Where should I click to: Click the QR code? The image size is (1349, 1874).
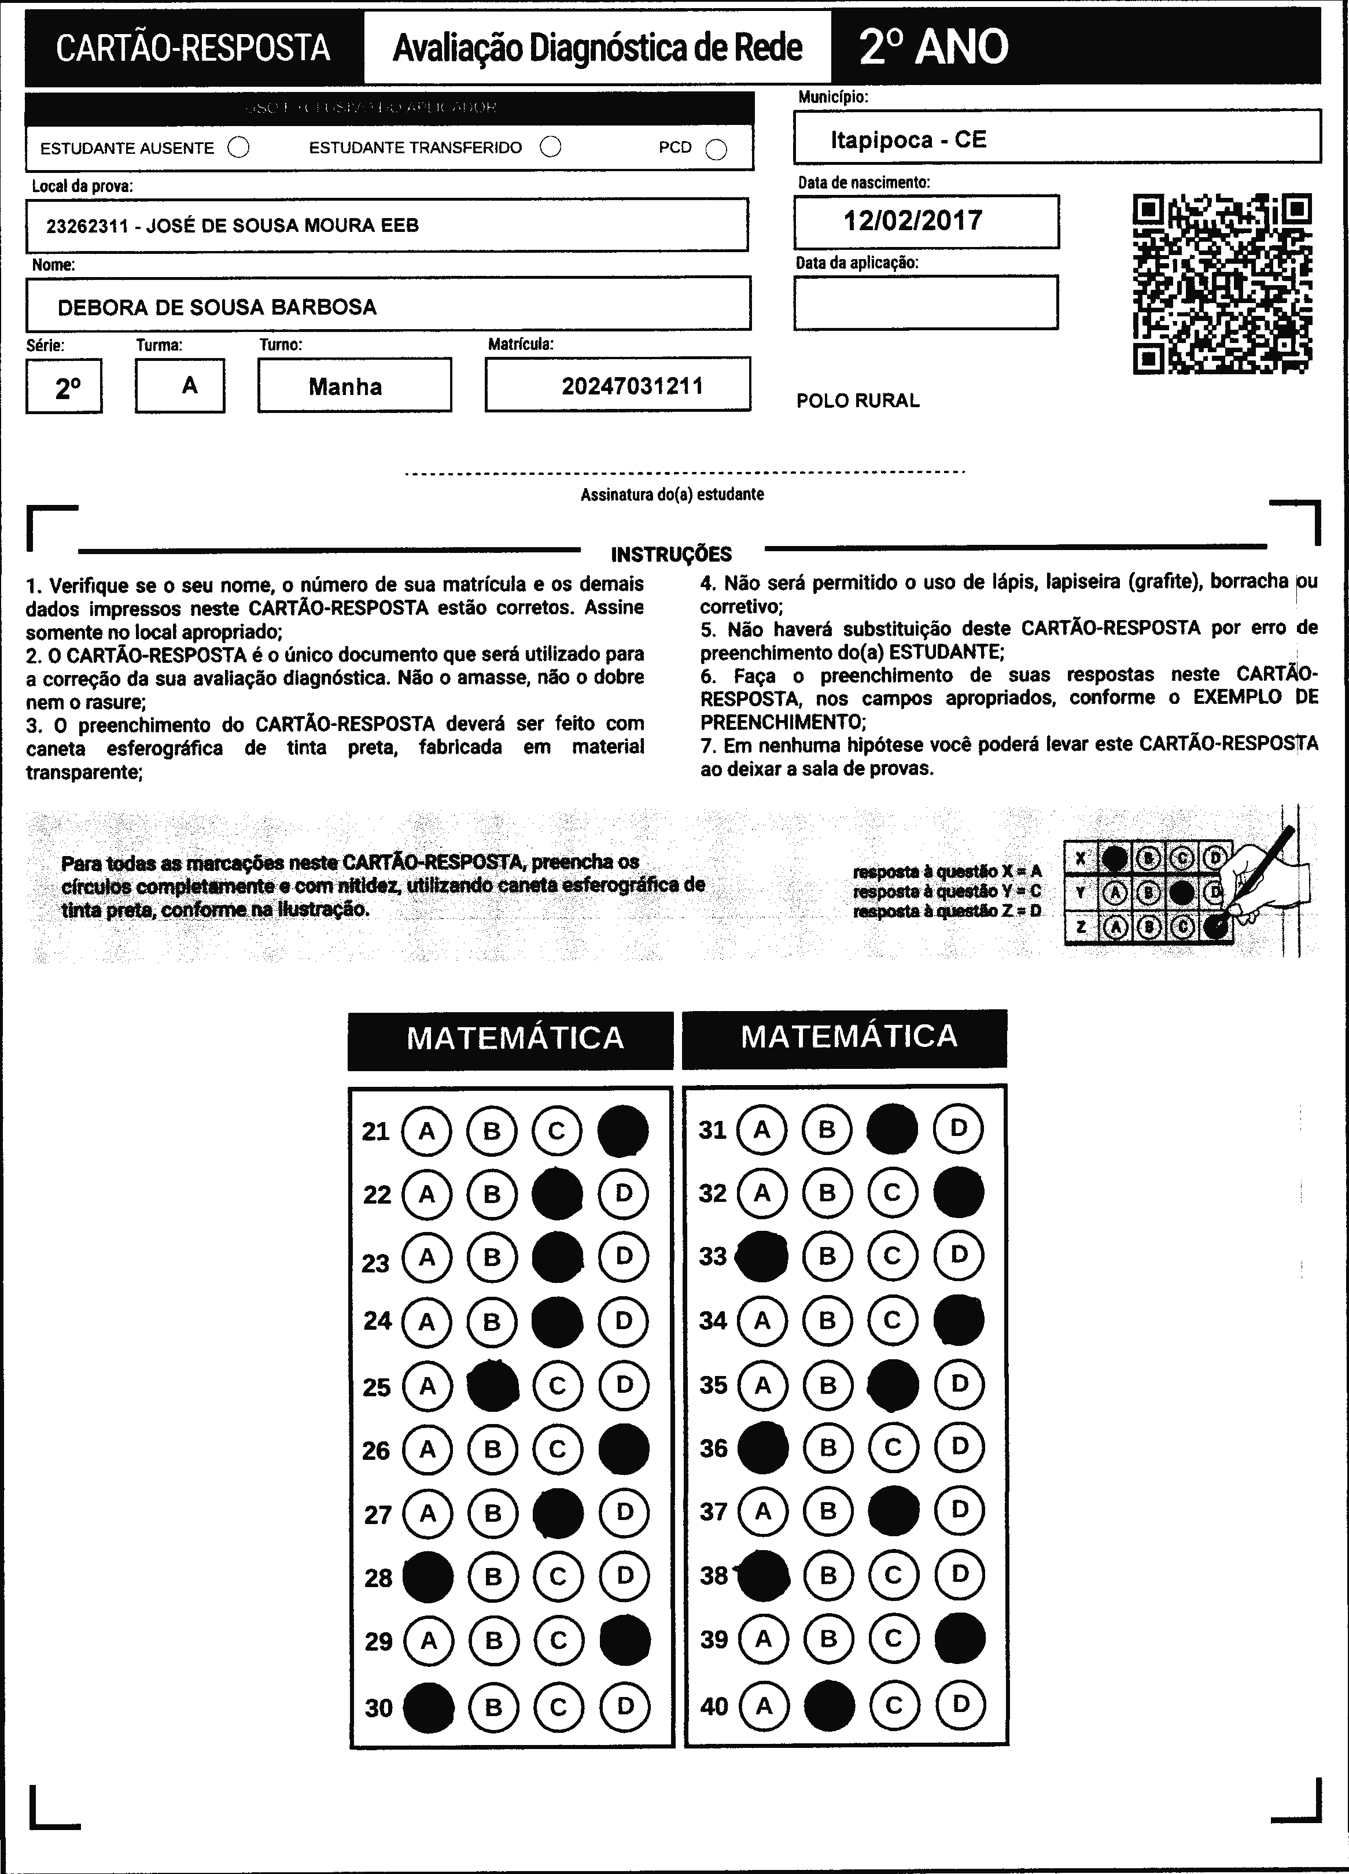point(1222,283)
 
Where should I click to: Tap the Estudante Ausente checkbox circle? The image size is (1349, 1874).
point(239,148)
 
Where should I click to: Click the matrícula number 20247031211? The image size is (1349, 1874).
point(632,386)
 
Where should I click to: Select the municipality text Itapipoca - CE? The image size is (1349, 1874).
point(908,139)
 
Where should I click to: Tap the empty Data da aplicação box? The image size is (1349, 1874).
point(925,303)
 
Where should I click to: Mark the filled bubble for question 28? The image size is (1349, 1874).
point(427,1577)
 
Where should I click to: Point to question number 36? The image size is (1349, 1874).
point(713,1448)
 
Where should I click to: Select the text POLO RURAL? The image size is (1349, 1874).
point(857,401)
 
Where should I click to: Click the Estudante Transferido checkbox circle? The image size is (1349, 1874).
point(551,147)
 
